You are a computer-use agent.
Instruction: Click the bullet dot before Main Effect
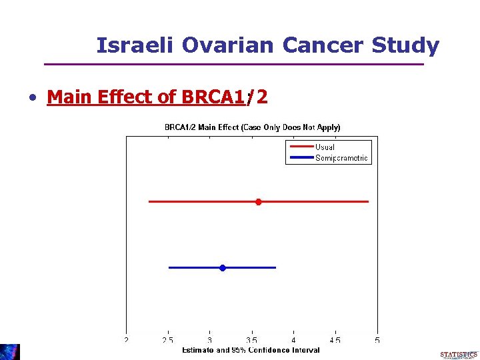(32, 98)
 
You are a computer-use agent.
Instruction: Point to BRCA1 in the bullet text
(212, 97)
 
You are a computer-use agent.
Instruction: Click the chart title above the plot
(252, 127)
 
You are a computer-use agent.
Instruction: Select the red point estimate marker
(259, 201)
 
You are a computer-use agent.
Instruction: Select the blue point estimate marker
(223, 267)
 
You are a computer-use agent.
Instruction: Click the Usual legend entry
(325, 147)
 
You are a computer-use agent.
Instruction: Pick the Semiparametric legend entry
(341, 158)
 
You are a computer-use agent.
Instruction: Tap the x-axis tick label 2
(127, 340)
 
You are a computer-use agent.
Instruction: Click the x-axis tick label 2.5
(168, 340)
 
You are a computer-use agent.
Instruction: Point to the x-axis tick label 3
(210, 340)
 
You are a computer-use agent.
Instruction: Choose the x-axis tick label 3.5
(252, 340)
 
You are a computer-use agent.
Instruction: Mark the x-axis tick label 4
(294, 340)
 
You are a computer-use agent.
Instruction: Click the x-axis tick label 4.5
(335, 340)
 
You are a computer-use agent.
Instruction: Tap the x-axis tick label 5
(377, 340)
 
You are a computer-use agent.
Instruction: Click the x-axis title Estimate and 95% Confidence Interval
(251, 350)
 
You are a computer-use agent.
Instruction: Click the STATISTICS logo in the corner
(459, 355)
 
